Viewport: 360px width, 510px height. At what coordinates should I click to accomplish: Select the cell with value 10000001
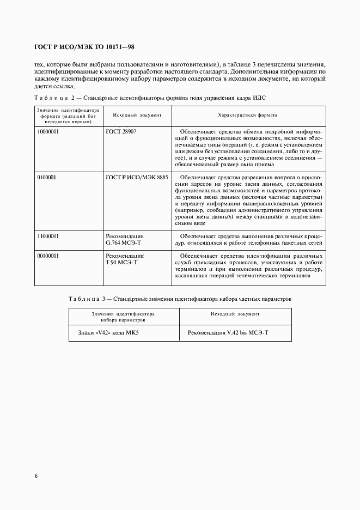pyautogui.click(x=48, y=132)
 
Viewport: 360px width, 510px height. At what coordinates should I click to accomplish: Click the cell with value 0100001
pyautogui.click(x=46, y=177)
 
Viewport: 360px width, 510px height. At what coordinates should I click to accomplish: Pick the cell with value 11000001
pyautogui.click(x=48, y=236)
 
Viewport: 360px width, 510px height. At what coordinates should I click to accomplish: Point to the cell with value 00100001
pyautogui.click(x=48, y=256)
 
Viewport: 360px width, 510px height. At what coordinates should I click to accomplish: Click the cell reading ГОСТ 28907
pyautogui.click(x=121, y=132)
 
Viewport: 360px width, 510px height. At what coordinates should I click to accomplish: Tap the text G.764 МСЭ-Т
pyautogui.click(x=124, y=242)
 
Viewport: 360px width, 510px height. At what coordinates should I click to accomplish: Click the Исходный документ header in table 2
pyautogui.click(x=137, y=116)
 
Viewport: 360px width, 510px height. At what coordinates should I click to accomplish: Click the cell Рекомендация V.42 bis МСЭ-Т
pyautogui.click(x=228, y=332)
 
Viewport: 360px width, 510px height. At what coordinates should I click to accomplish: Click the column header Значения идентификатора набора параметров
pyautogui.click(x=123, y=317)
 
